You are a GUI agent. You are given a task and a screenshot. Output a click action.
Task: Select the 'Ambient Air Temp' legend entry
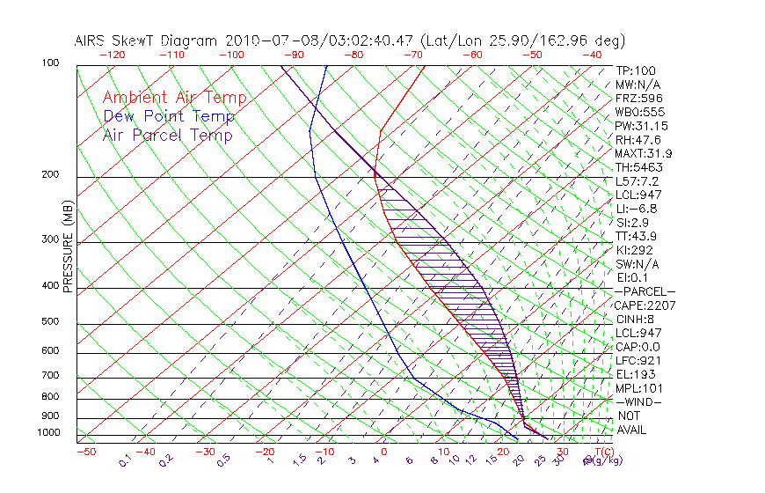click(174, 98)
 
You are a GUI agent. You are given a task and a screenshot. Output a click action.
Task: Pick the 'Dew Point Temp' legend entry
click(169, 116)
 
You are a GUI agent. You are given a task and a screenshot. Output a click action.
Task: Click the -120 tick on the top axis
click(112, 55)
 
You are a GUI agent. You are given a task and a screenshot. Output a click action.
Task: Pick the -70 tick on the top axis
click(412, 55)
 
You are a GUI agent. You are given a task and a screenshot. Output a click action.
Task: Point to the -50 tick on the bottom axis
click(85, 452)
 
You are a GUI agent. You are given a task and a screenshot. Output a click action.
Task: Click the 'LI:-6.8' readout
click(637, 209)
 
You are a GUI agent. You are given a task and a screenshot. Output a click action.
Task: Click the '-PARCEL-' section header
click(645, 291)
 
